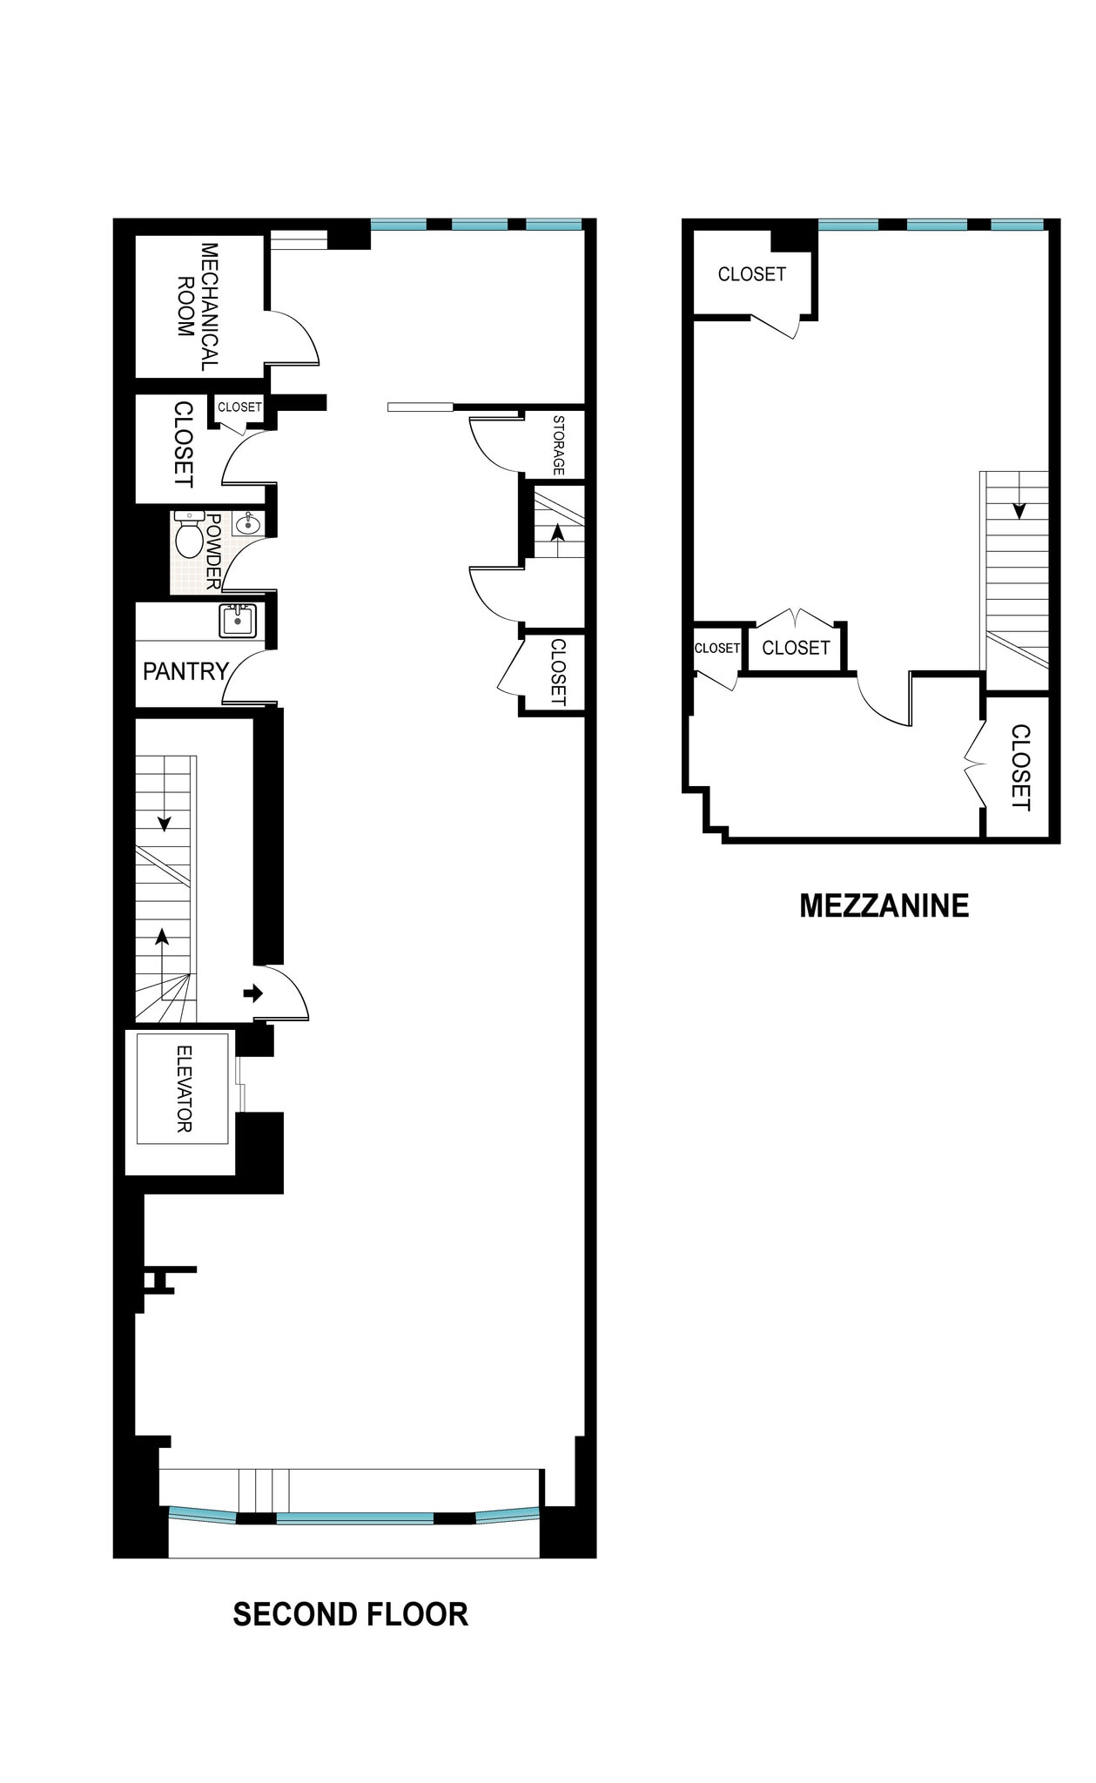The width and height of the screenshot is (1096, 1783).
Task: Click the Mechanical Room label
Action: [198, 306]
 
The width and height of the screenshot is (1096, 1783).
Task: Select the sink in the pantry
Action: [238, 621]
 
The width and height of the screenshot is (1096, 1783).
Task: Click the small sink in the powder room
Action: [247, 522]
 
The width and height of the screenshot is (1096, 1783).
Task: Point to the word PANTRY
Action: [185, 671]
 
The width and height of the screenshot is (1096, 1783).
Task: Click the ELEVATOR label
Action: [184, 1088]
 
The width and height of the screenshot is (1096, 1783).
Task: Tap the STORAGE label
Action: [558, 445]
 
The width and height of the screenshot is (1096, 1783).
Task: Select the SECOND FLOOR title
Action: [350, 1615]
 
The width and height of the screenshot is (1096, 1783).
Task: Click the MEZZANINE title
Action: [884, 906]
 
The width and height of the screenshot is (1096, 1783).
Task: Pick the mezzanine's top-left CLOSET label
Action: [751, 274]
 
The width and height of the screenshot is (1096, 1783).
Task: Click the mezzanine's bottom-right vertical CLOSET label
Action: [1020, 767]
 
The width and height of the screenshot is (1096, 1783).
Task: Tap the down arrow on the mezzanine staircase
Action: [1018, 510]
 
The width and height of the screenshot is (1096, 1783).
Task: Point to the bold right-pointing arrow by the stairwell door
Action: [252, 992]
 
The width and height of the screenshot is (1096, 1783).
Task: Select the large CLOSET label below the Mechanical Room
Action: [183, 444]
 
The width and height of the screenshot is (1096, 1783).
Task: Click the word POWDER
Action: [213, 552]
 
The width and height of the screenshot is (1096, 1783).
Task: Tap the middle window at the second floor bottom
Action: [354, 1518]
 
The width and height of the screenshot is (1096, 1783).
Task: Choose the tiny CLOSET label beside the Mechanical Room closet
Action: [239, 407]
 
